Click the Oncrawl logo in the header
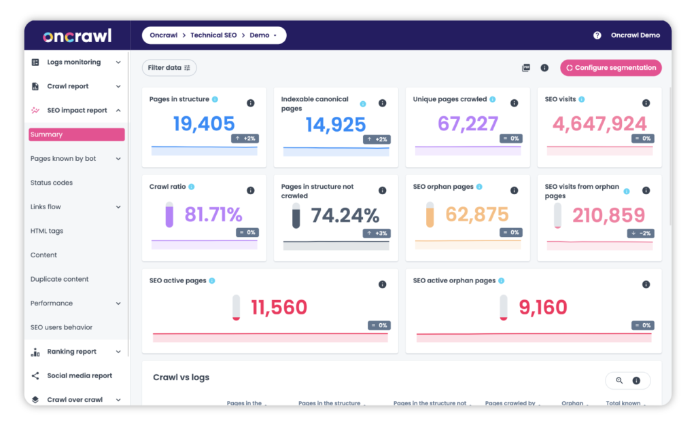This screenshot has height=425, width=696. coord(77,35)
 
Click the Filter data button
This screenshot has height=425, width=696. coord(169,68)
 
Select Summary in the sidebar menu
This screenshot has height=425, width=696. coord(76,134)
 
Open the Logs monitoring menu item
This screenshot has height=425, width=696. coord(73,62)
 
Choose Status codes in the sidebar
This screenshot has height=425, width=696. coord(52,183)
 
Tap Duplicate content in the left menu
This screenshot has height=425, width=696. coord(60,279)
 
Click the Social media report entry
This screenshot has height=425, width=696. coord(79,375)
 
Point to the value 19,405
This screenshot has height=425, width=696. coord(204,124)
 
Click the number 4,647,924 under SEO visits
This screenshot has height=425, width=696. coord(599,124)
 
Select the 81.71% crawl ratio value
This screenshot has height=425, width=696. coord(213,215)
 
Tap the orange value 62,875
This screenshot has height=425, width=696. coord(477,215)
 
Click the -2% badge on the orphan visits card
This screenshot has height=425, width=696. coord(641,233)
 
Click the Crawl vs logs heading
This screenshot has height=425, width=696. coord(181,377)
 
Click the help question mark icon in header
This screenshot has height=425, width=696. coord(597,35)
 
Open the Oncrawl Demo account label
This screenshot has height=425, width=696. coord(635,35)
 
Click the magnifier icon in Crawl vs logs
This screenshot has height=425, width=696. coord(619,381)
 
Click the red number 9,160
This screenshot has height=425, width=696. coord(542,308)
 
